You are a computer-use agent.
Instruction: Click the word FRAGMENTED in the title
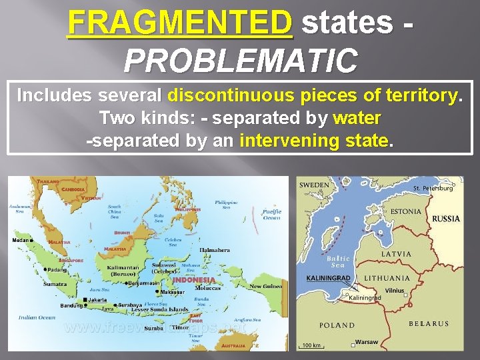pos(180,22)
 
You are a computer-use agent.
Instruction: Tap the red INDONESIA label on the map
pos(194,280)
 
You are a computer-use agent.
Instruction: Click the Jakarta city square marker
pos(85,300)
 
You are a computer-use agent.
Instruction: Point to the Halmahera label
pos(215,250)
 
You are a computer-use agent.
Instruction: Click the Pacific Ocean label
pos(272,214)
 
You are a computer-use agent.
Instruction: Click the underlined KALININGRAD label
pos(327,277)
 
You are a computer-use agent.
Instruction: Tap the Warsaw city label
pos(367,342)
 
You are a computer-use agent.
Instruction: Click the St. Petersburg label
pos(433,189)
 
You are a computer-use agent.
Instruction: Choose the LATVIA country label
pos(396,254)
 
